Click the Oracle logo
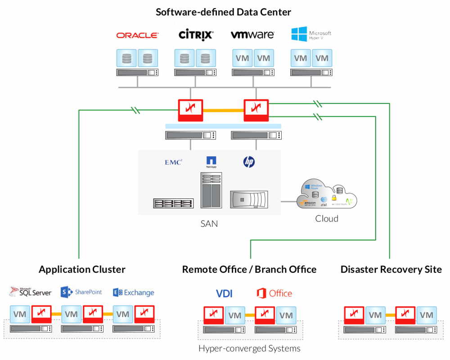137,35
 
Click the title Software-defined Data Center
224,12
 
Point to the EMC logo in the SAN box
173,162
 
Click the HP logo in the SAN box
249,162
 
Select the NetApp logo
211,161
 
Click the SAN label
209,223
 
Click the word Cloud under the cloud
326,219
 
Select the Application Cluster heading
82,270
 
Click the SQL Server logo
31,292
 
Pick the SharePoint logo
81,292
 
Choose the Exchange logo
134,292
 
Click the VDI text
224,293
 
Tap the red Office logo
274,293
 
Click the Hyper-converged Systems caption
249,348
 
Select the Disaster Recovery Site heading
391,270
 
